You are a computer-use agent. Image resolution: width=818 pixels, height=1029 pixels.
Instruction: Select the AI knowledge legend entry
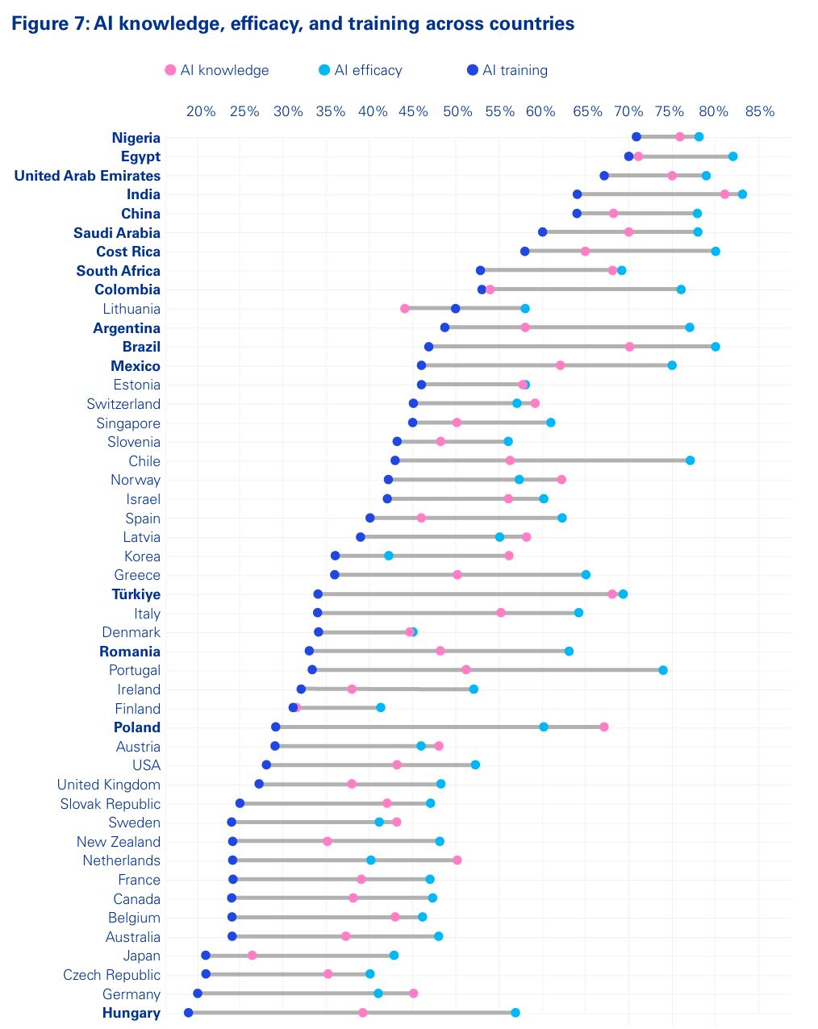click(216, 70)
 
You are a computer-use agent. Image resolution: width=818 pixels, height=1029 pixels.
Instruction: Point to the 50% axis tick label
click(457, 111)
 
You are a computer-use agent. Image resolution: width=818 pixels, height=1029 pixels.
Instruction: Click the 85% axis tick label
click(759, 111)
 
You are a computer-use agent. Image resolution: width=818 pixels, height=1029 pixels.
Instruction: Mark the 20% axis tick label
click(201, 111)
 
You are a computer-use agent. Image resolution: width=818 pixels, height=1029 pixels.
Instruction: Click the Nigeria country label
click(136, 138)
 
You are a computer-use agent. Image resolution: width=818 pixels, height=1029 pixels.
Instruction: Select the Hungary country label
click(131, 1013)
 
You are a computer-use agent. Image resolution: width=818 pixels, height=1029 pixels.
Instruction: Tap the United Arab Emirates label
click(87, 176)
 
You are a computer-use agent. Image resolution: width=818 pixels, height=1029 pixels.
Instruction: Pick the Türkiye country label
click(136, 594)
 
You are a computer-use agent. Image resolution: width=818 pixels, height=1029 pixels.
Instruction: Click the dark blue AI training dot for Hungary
click(189, 1012)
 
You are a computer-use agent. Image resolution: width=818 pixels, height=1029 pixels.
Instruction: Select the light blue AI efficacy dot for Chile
click(690, 460)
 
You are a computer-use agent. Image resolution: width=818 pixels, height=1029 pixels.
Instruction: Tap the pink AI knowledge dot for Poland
click(603, 727)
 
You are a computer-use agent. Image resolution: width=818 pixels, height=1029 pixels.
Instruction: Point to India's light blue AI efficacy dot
click(742, 194)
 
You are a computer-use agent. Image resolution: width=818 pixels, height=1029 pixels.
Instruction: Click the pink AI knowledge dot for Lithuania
click(405, 308)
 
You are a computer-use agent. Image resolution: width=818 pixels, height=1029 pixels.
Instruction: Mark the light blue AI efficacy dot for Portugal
click(663, 670)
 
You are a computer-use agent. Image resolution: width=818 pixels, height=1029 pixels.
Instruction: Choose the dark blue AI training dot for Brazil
click(428, 347)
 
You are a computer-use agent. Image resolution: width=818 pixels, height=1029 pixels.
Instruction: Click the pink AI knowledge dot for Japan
click(252, 955)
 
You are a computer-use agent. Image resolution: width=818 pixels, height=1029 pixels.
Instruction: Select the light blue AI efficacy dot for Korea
click(389, 556)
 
